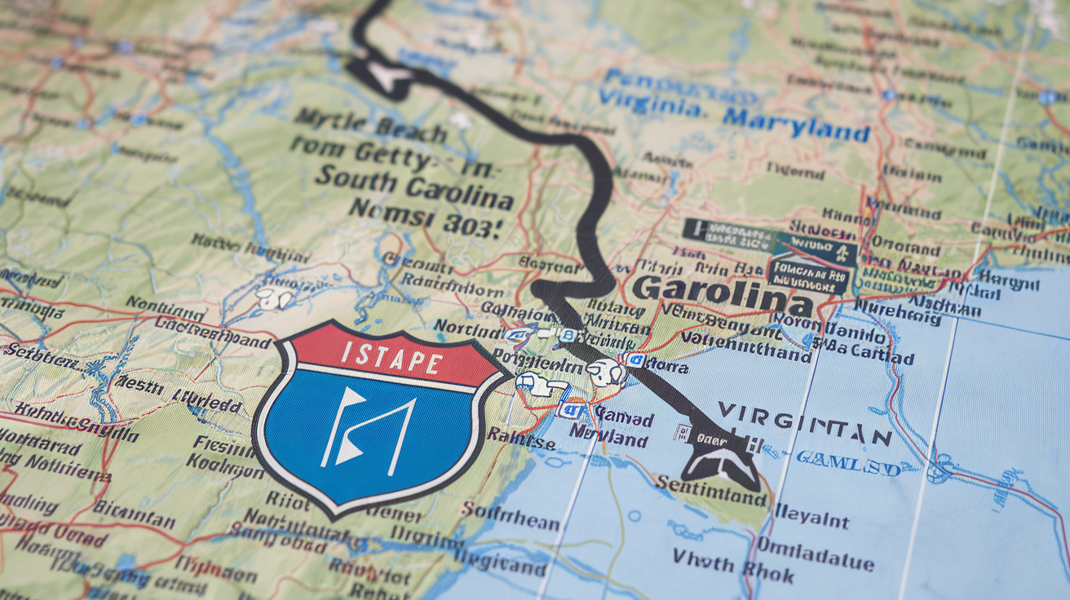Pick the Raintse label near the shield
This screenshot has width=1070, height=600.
point(521,441)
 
